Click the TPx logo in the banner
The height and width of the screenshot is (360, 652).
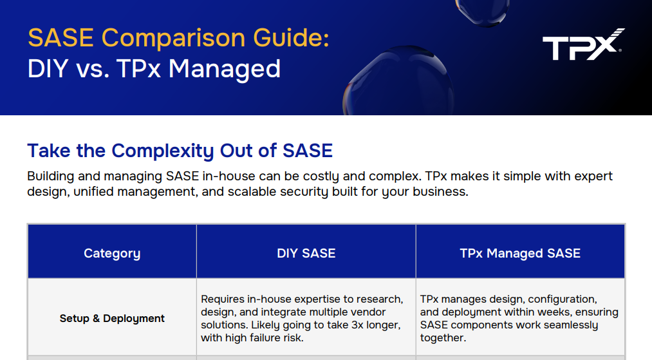coord(583,44)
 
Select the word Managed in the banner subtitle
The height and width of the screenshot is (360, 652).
coord(225,68)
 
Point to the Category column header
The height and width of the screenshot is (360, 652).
coord(112,253)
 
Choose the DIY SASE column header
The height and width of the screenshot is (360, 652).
coord(306,253)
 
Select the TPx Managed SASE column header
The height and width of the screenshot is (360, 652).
coord(520,253)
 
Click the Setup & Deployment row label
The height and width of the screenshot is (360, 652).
coord(112,318)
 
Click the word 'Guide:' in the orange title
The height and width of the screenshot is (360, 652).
coord(297,38)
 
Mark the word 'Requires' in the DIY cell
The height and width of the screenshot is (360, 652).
coord(223,299)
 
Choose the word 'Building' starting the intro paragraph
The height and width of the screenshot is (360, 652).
coord(51,176)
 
